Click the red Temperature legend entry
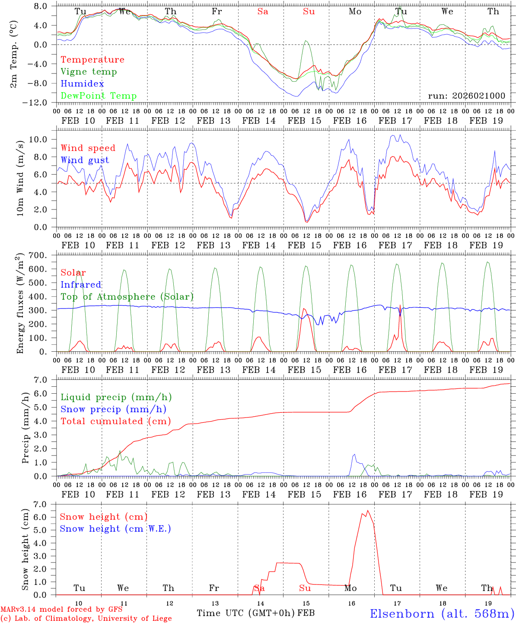pyautogui.click(x=92, y=60)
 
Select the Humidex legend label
pyautogui.click(x=82, y=84)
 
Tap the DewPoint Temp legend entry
pyautogui.click(x=99, y=96)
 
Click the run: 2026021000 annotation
pyautogui.click(x=466, y=96)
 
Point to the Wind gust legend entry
pyautogui.click(x=85, y=160)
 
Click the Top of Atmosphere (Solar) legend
pyautogui.click(x=127, y=297)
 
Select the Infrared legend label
pyautogui.click(x=81, y=285)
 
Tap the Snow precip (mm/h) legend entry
pyautogui.click(x=113, y=409)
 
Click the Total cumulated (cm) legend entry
pyautogui.click(x=115, y=421)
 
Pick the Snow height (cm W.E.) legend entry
pyautogui.click(x=115, y=529)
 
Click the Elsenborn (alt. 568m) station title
pyautogui.click(x=442, y=613)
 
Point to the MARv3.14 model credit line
pyautogui.click(x=61, y=610)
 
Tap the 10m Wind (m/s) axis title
pyautogui.click(x=20, y=178)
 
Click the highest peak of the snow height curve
pyautogui.click(x=368, y=511)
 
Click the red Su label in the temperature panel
pyautogui.click(x=309, y=12)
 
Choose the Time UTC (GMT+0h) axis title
pyautogui.click(x=246, y=613)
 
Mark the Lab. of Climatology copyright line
pyautogui.click(x=86, y=619)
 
